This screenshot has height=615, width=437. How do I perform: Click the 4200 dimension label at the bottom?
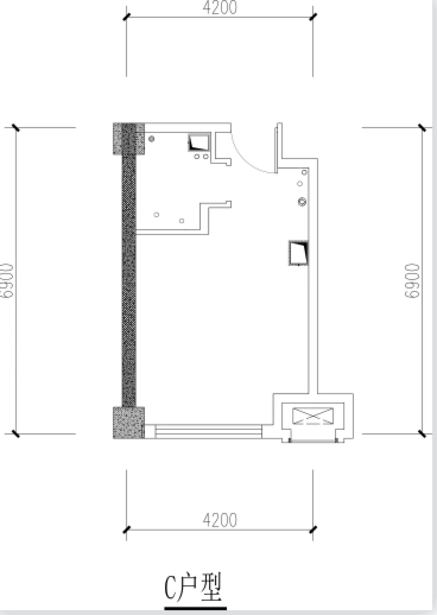point(220,520)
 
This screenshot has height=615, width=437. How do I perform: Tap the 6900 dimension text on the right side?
point(412,281)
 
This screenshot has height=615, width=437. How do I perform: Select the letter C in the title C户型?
point(170,587)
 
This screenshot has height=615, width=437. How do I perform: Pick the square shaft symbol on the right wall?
point(299,253)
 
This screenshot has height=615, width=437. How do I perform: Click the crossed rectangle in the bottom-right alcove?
point(313,416)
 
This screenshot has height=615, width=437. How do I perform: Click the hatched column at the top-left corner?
point(129,138)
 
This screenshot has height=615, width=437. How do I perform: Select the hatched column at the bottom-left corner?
point(129,423)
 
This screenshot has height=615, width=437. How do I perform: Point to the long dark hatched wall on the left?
point(129,280)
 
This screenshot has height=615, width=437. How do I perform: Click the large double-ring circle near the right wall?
point(302,202)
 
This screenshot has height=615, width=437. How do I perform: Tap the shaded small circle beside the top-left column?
point(152,139)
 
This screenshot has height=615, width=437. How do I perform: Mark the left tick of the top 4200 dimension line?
point(127,17)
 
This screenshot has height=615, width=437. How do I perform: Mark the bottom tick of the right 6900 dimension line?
point(422,433)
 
